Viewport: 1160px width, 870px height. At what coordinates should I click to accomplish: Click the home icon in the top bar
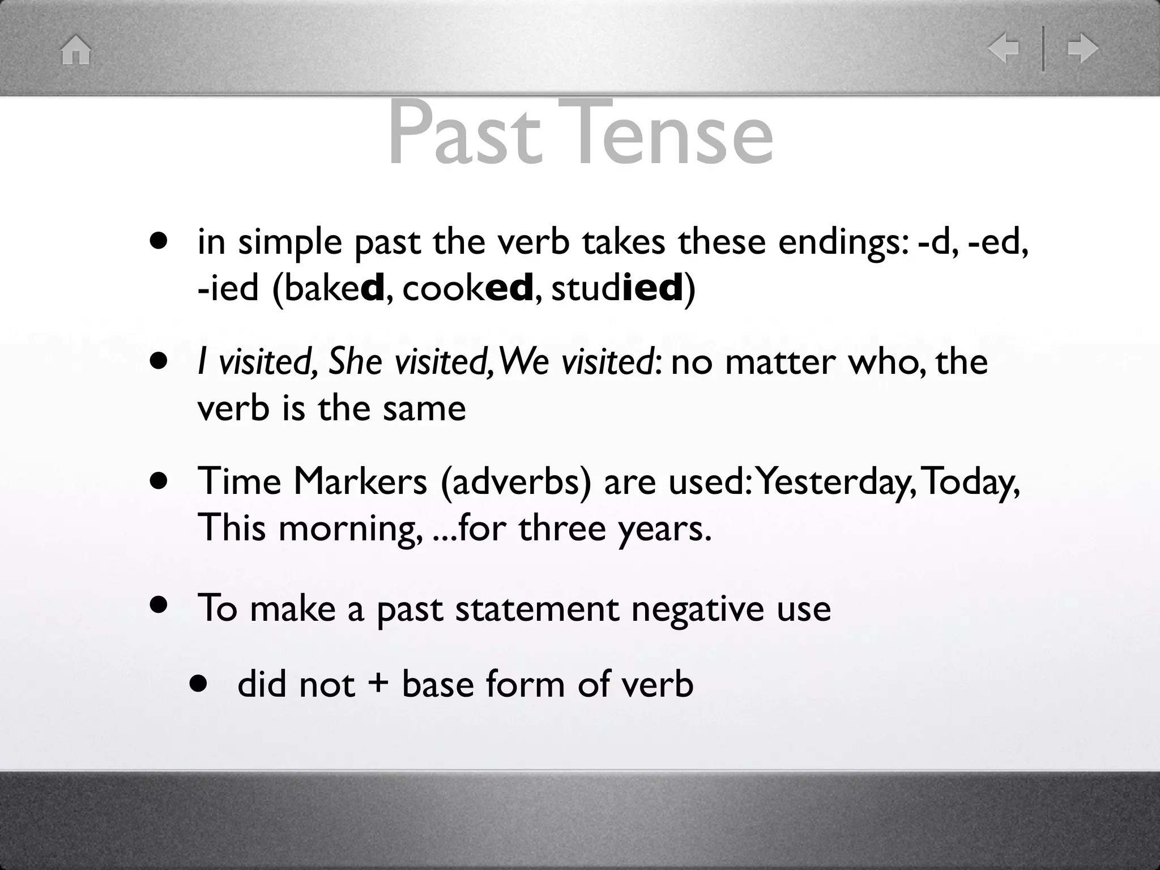click(x=76, y=50)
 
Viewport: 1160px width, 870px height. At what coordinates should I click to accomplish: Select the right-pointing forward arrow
click(x=1082, y=48)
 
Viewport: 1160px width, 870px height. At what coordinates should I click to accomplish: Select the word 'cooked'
click(x=468, y=288)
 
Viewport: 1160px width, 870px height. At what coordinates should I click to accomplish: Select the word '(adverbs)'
click(x=515, y=483)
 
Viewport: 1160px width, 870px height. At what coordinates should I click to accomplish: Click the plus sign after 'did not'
click(x=378, y=684)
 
